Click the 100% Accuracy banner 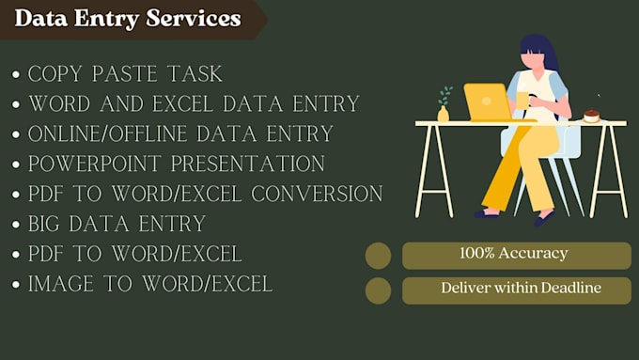point(516,255)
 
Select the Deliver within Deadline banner point(516,290)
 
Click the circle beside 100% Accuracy point(378,256)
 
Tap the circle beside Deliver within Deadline point(378,290)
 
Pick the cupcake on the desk point(591,115)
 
